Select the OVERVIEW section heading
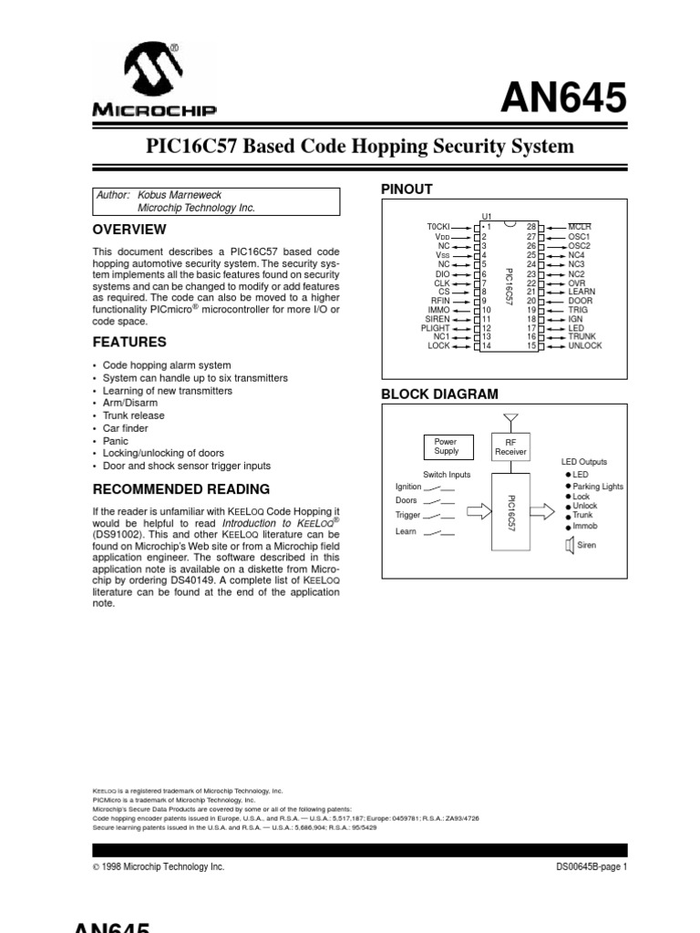129,230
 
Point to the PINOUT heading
406,189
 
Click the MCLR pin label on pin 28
580,225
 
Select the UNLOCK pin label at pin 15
585,346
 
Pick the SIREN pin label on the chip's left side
437,319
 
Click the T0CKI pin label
438,225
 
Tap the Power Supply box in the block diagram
447,446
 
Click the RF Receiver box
510,446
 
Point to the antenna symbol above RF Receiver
510,420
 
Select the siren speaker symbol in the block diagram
570,546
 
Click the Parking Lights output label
598,487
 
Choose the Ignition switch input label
408,487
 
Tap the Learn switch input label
406,531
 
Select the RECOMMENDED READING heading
181,489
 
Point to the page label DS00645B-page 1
592,867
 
